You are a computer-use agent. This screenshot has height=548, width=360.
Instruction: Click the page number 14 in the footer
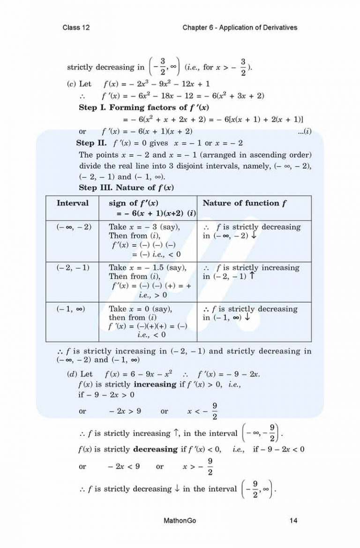coord(294,520)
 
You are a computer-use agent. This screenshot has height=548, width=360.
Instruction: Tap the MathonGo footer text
coord(179,520)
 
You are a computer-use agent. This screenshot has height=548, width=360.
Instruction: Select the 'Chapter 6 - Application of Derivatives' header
coord(240,28)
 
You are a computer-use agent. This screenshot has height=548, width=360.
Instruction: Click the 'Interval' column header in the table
coord(72,203)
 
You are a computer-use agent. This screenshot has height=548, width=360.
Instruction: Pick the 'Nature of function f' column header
coord(244,203)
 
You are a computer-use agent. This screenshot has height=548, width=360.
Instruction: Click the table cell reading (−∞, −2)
coord(74,227)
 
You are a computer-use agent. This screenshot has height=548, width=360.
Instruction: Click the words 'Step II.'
coord(91,143)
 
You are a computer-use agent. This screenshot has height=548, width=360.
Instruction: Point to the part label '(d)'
coord(73,374)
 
